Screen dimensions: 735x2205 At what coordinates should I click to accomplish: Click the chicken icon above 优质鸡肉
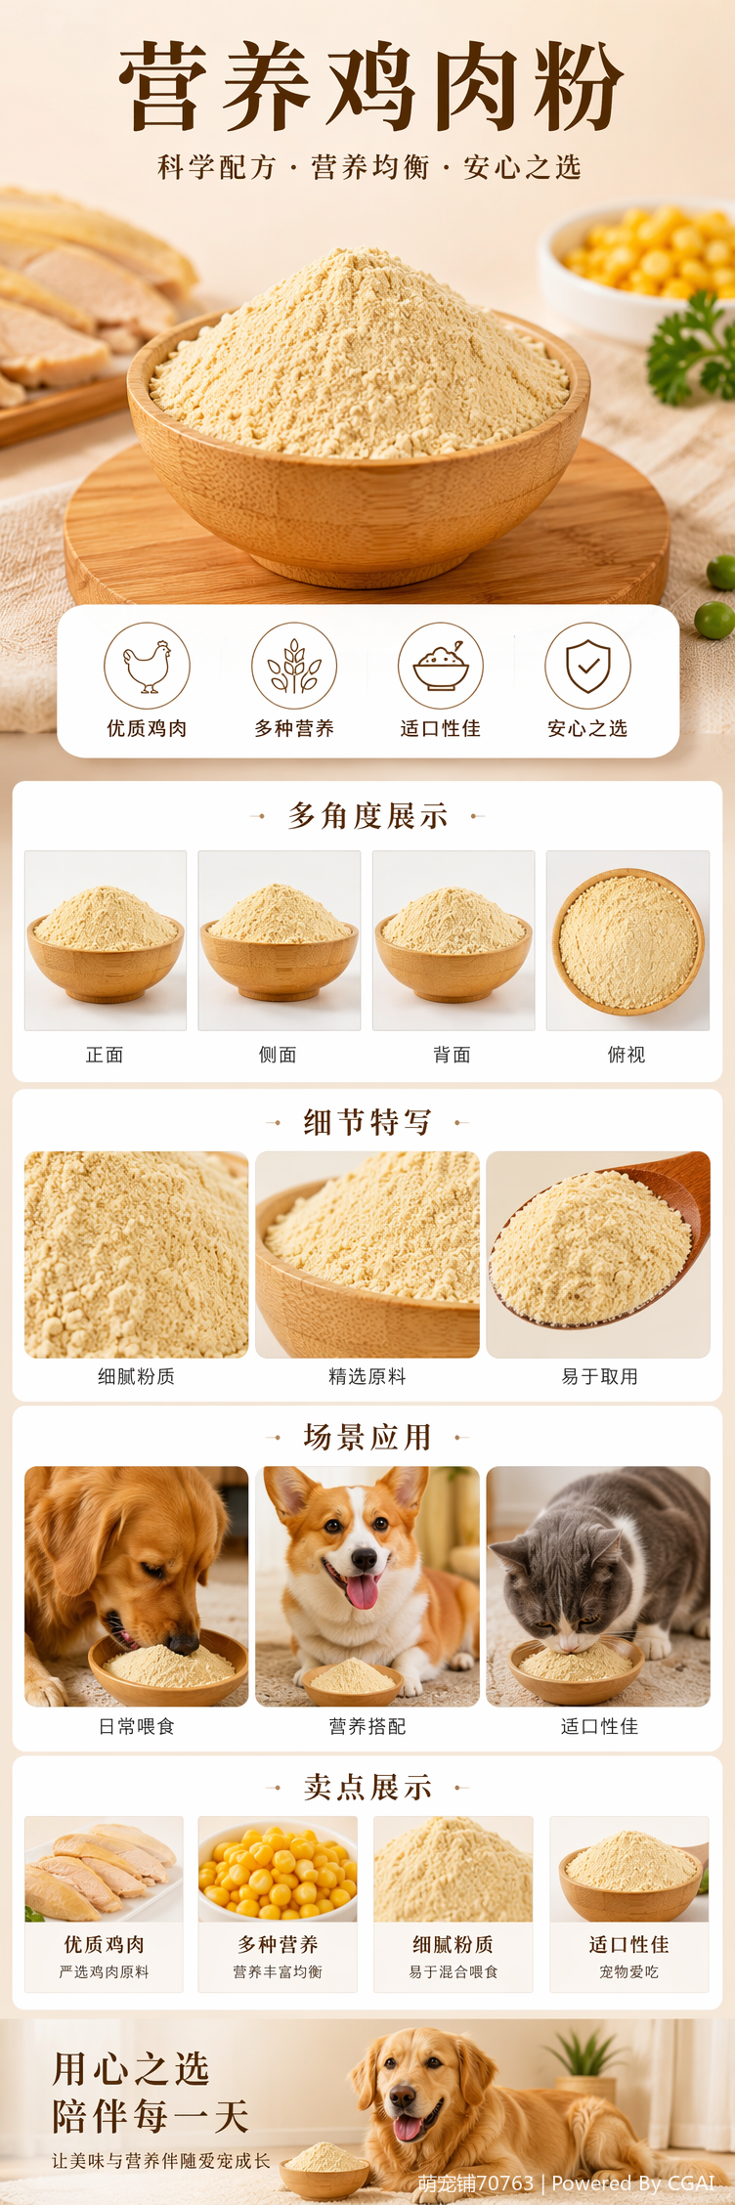click(147, 667)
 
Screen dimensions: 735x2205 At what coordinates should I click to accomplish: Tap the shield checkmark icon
click(587, 667)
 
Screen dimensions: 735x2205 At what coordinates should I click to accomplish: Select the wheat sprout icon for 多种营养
click(294, 667)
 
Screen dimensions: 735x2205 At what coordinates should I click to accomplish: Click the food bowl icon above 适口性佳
click(441, 667)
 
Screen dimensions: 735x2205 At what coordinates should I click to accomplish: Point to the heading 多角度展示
click(367, 815)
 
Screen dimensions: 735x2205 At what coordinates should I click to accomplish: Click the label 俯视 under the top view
click(627, 1055)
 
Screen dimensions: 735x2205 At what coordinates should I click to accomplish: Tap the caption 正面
click(105, 1055)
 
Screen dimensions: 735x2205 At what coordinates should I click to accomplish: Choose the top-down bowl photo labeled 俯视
click(627, 940)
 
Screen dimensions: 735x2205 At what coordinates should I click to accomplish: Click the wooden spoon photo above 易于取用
click(598, 1254)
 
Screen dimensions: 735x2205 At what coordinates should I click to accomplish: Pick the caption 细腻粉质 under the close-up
click(136, 1376)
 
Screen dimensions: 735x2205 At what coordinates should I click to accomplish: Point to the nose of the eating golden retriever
click(183, 1644)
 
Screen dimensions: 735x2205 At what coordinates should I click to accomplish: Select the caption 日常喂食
click(136, 1726)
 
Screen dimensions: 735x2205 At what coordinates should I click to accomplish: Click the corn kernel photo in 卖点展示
click(278, 1869)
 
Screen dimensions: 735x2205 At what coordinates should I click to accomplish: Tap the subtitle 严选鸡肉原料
click(105, 1971)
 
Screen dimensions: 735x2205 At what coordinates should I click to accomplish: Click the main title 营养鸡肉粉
click(369, 86)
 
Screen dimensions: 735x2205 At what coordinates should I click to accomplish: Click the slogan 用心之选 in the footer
click(130, 2068)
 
